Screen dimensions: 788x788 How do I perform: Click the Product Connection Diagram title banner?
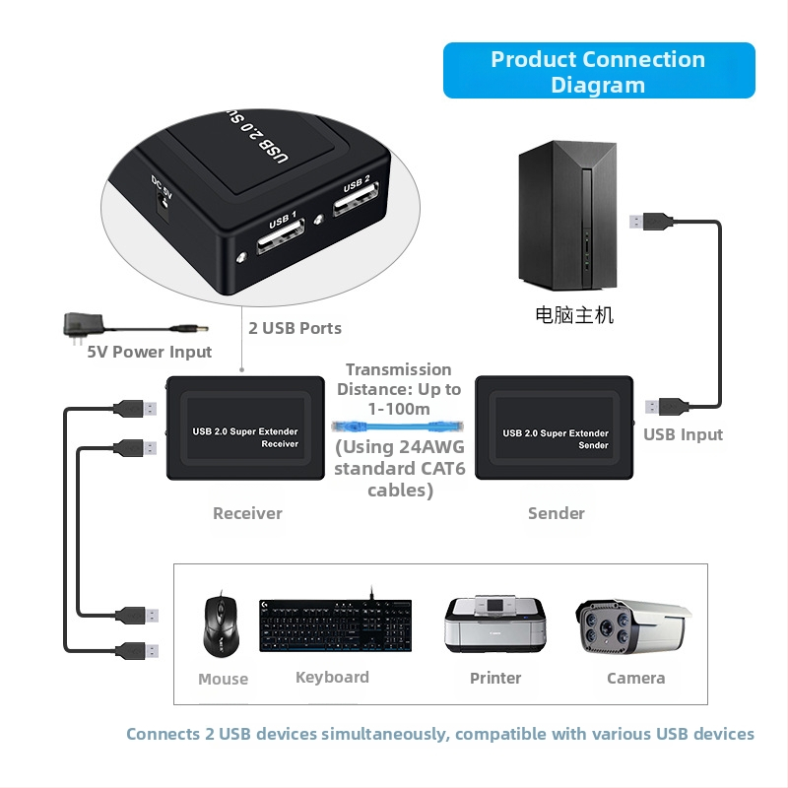[x=599, y=71]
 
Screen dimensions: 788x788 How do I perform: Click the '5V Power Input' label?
[x=150, y=352]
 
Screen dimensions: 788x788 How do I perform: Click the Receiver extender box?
[x=245, y=428]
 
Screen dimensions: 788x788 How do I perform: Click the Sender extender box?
[x=555, y=428]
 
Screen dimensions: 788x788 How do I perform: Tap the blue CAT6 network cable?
[x=399, y=427]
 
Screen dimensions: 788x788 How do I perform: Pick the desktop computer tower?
[x=559, y=215]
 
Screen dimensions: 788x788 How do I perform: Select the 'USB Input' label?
[x=683, y=434]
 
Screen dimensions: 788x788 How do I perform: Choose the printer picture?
[x=494, y=624]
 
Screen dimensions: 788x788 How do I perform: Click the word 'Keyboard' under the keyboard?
[x=332, y=678]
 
